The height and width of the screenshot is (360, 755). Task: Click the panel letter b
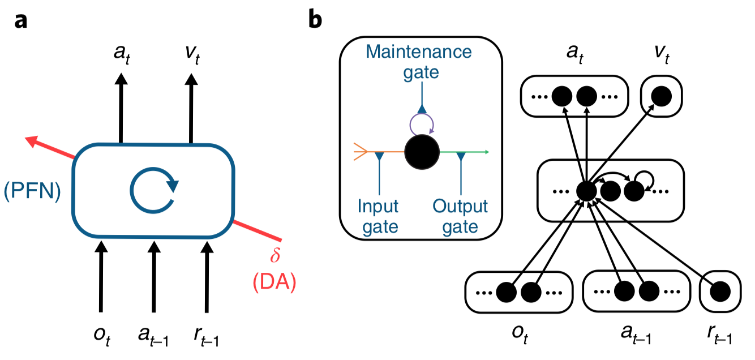(x=315, y=20)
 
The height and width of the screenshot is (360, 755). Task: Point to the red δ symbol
(x=276, y=258)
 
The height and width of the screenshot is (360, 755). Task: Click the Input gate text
(x=378, y=216)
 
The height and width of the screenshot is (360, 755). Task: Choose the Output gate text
(x=461, y=216)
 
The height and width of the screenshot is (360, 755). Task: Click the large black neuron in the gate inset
(x=422, y=152)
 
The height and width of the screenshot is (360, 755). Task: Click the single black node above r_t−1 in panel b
(x=720, y=293)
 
